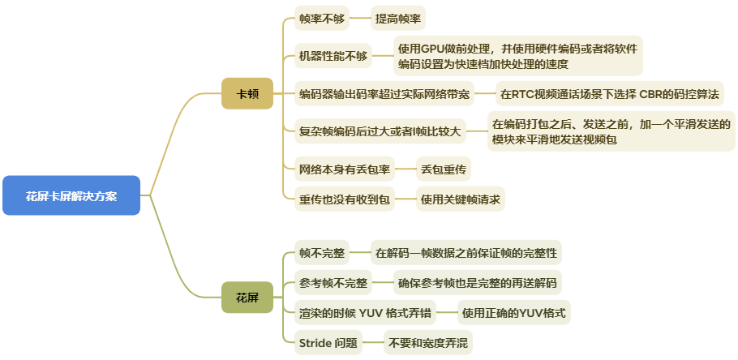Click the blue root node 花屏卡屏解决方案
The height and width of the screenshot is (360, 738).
click(71, 195)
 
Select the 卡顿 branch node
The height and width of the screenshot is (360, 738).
click(247, 93)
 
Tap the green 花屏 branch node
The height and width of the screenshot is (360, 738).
click(247, 298)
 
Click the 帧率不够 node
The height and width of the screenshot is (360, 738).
click(320, 17)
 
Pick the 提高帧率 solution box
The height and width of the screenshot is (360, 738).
click(398, 17)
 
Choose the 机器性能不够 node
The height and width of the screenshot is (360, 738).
click(333, 56)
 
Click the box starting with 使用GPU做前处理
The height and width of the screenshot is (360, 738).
click(517, 55)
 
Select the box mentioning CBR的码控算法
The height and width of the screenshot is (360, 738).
click(609, 94)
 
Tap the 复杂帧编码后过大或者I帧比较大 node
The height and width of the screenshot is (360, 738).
click(380, 131)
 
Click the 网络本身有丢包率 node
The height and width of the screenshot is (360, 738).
click(345, 169)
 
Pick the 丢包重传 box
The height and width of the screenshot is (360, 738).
click(443, 169)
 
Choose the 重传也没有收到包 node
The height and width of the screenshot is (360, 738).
click(345, 199)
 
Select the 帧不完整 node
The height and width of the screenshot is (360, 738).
click(321, 253)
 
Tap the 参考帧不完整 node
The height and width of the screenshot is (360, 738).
click(333, 283)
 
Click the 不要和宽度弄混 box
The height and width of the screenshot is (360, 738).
click(427, 342)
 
